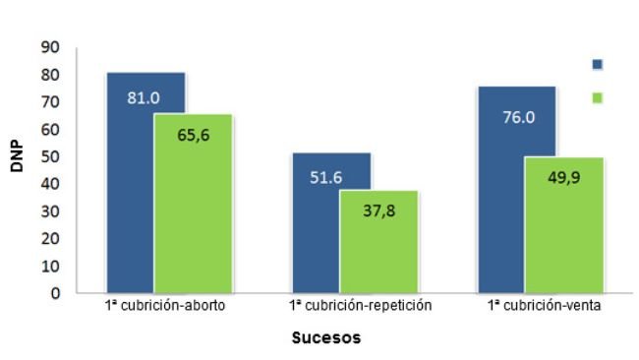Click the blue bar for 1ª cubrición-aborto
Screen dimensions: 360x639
(x=130, y=197)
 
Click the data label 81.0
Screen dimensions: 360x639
(x=144, y=97)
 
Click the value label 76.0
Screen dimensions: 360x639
(x=517, y=116)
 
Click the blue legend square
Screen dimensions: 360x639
(x=598, y=64)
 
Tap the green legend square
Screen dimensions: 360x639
(x=598, y=97)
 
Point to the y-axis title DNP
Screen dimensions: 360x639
(x=17, y=156)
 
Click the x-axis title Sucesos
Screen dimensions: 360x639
(x=326, y=338)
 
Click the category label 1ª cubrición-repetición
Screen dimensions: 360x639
(x=361, y=306)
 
